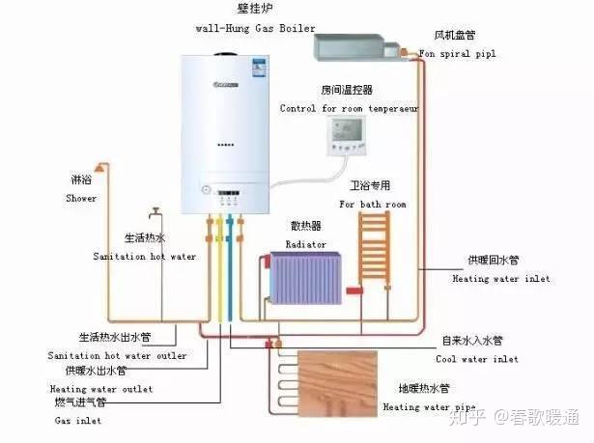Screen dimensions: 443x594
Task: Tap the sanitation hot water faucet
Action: click(x=155, y=212)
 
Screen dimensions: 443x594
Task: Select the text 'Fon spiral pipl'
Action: click(x=458, y=54)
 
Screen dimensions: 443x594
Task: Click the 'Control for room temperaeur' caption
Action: click(x=350, y=108)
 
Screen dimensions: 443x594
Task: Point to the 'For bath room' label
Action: click(x=372, y=205)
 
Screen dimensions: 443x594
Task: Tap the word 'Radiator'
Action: click(x=305, y=245)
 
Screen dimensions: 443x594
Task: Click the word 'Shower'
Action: click(x=81, y=199)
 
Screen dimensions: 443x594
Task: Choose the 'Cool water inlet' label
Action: click(x=479, y=359)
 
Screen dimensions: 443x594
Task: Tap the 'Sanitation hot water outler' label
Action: click(x=117, y=355)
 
